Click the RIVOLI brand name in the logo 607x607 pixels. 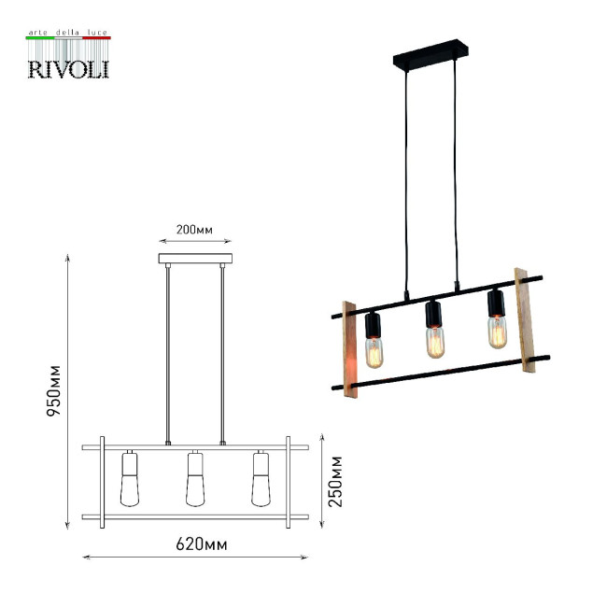pyautogui.click(x=67, y=69)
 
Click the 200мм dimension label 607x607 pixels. pyautogui.click(x=194, y=230)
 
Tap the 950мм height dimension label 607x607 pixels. pyautogui.click(x=55, y=388)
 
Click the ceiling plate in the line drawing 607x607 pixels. pyautogui.click(x=195, y=259)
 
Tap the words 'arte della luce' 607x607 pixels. pyautogui.click(x=67, y=33)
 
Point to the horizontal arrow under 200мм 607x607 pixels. pyautogui.click(x=194, y=241)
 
